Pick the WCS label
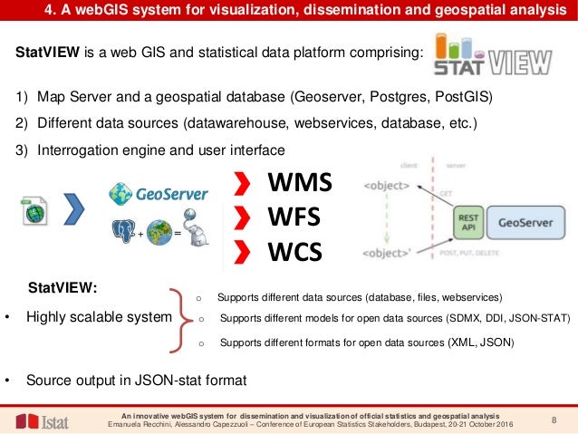[294, 251]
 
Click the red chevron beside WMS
[240, 187]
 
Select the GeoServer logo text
[171, 192]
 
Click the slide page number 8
[554, 419]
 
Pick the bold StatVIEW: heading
[63, 288]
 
